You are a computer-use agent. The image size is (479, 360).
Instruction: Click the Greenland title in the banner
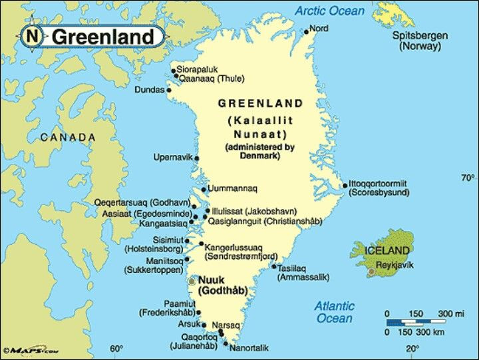(102, 37)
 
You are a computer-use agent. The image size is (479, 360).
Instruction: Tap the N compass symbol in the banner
(32, 37)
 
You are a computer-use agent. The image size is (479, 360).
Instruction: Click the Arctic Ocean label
(329, 11)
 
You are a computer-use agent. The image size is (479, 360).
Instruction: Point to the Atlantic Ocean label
(334, 312)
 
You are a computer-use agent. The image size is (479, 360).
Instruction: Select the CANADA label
(68, 137)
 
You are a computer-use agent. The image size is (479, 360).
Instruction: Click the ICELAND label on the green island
(387, 250)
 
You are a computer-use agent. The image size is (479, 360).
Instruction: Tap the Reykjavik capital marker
(371, 271)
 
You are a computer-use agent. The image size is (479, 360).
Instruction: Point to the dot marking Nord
(306, 31)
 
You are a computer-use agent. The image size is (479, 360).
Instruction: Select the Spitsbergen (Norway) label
(420, 41)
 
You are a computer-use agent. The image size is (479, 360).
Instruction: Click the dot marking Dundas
(168, 90)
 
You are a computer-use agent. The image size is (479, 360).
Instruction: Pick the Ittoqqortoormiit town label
(378, 184)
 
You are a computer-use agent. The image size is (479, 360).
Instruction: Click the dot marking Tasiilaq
(273, 266)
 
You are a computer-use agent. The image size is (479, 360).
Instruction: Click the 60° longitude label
(116, 349)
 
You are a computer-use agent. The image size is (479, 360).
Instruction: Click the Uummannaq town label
(234, 189)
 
